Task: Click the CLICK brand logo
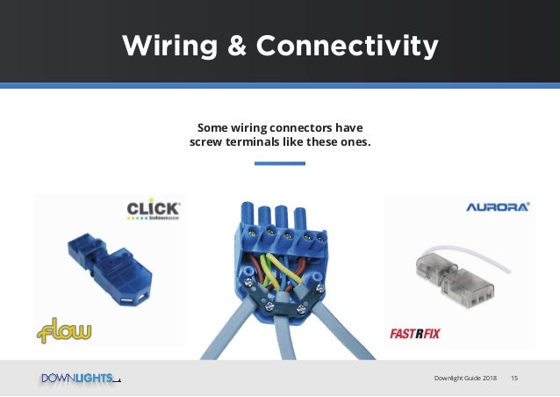click(x=154, y=210)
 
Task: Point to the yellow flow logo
click(x=64, y=331)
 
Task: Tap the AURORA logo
click(x=497, y=208)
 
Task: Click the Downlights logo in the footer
click(x=77, y=378)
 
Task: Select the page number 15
click(x=513, y=378)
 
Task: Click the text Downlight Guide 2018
click(x=465, y=378)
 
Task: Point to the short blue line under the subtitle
click(x=279, y=163)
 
